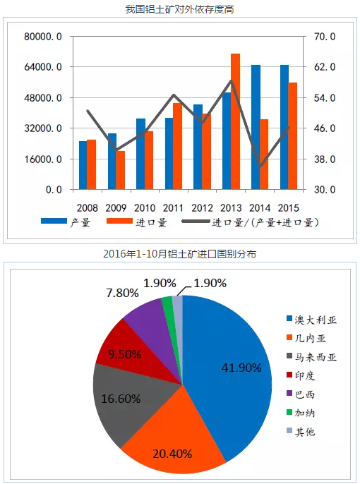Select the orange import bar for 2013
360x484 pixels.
pos(235,121)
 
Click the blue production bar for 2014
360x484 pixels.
pos(255,127)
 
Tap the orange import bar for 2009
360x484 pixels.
pos(121,170)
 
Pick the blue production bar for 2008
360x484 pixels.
pos(83,165)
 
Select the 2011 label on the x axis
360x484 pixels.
pos(174,207)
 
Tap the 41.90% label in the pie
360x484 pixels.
pos(241,368)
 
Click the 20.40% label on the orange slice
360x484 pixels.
pos(172,454)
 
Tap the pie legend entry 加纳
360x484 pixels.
pos(305,412)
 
